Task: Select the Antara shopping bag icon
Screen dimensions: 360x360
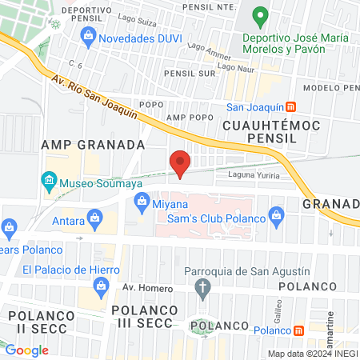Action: [95, 216]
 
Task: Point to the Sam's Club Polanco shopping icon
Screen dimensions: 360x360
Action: [277, 214]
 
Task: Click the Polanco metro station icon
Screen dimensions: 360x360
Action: [298, 330]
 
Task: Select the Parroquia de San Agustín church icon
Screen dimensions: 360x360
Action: [204, 287]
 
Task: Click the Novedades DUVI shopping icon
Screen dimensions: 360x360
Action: [89, 35]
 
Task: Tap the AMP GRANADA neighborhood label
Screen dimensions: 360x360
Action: [93, 146]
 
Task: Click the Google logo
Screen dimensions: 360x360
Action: [26, 350]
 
